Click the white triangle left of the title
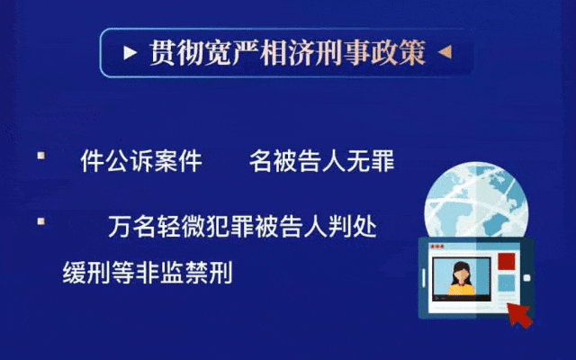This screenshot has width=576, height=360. pyautogui.click(x=130, y=52)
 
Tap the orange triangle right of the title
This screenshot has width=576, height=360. pyautogui.click(x=445, y=52)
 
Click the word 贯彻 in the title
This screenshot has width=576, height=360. pyautogui.click(x=176, y=53)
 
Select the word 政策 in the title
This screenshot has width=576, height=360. pyautogui.click(x=398, y=53)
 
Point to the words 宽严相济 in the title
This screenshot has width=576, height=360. pyautogui.click(x=259, y=53)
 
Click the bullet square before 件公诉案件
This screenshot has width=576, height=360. pyautogui.click(x=41, y=156)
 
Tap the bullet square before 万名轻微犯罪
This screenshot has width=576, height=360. pyautogui.click(x=41, y=221)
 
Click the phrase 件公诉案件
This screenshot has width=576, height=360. pyautogui.click(x=141, y=160)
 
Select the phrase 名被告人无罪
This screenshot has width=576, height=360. pyautogui.click(x=322, y=160)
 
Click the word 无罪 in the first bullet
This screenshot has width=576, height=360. pyautogui.click(x=370, y=160)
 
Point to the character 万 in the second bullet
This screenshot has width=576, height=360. pyautogui.click(x=120, y=226)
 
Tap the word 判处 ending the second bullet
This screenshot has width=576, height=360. pyautogui.click(x=352, y=226)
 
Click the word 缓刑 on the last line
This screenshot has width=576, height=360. pyautogui.click(x=86, y=272)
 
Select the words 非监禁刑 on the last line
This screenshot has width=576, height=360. pyautogui.click(x=184, y=272)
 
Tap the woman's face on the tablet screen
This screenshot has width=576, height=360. pyautogui.click(x=461, y=273)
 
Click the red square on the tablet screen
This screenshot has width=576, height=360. pyautogui.click(x=506, y=262)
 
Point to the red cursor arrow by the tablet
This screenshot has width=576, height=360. pyautogui.click(x=519, y=315)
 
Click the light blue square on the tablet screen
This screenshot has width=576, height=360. pyautogui.click(x=506, y=283)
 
